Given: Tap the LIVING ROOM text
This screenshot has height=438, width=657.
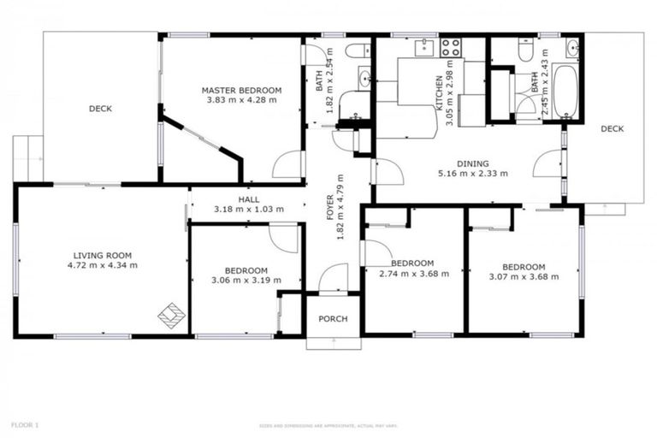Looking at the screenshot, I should tap(102, 254).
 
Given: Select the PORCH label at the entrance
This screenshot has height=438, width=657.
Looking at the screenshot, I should tap(333, 319).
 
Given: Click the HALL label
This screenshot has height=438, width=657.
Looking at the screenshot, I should tap(249, 199).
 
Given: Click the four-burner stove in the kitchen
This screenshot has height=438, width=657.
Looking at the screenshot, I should tap(451, 47).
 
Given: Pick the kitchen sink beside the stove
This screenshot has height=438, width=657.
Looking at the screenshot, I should tap(423, 48).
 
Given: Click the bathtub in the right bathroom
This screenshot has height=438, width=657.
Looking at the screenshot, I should tap(565, 92).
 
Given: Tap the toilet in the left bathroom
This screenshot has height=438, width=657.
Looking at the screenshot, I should tap(358, 50).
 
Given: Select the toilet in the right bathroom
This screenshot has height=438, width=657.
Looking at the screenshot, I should tap(526, 48).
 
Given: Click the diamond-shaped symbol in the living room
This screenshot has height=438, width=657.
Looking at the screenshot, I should tap(172, 316).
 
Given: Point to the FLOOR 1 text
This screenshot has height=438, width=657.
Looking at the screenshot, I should tap(25, 424).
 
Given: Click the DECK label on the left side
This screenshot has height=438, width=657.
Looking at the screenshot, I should tap(100, 109).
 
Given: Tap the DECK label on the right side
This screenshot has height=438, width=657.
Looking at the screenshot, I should tap(612, 129).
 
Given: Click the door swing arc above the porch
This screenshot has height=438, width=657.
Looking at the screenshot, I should tap(332, 278).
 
